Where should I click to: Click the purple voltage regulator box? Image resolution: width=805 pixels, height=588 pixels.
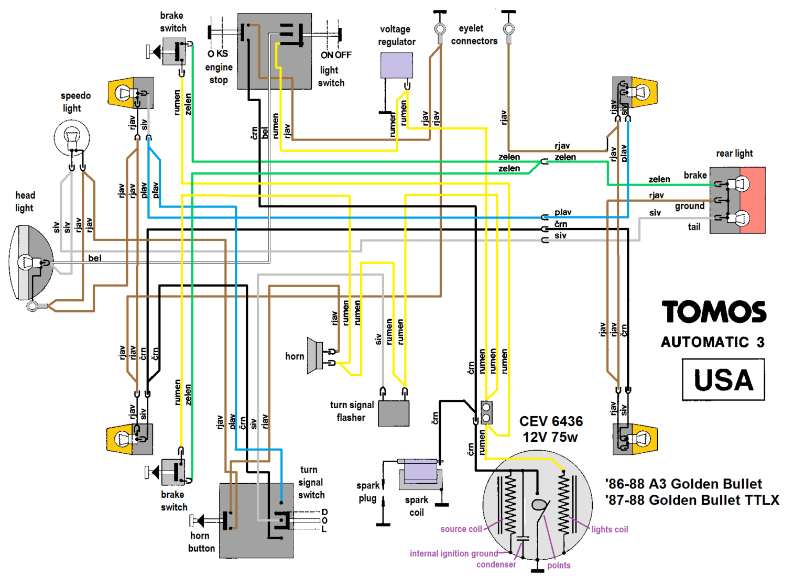397,66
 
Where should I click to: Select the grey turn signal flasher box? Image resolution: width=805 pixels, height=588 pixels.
394,413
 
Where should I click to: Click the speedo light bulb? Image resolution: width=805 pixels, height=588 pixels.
71,137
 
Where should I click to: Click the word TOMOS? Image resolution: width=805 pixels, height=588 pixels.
714,312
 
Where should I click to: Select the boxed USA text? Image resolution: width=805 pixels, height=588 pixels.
724,380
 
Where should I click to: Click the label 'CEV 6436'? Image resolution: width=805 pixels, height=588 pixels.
551,421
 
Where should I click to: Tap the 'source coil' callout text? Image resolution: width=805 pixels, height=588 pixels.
461,529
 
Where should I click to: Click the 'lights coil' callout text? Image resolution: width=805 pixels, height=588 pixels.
610,529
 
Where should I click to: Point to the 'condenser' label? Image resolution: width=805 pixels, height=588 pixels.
496,564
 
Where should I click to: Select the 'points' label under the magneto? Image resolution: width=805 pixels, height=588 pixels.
559,565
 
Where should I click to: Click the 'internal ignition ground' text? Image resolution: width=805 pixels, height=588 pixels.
454,553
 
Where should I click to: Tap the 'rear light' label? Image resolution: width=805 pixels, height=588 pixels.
735,154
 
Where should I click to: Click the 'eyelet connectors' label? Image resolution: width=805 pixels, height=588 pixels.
474,35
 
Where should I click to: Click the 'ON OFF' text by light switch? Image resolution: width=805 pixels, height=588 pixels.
336,55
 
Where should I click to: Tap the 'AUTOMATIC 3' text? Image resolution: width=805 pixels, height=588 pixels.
713,342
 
